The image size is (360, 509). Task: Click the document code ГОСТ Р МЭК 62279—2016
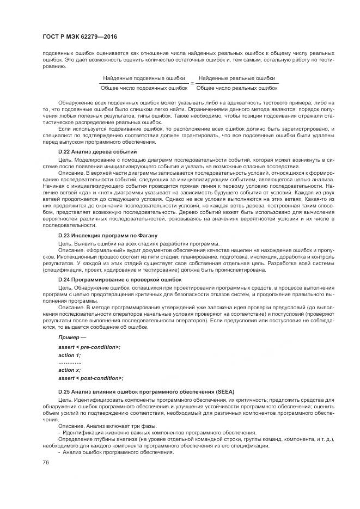point(80,36)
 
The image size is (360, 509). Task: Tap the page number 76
point(45,462)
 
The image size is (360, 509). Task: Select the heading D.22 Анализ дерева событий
point(97,151)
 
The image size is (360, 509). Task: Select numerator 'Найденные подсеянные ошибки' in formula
point(144,78)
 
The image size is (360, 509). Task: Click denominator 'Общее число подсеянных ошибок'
point(144,88)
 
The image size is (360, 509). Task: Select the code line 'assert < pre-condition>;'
point(89,347)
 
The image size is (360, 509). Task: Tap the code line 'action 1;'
point(69,354)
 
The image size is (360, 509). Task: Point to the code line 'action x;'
point(69,370)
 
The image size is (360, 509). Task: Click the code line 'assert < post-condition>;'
point(90,378)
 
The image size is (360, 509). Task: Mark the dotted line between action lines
point(70,362)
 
